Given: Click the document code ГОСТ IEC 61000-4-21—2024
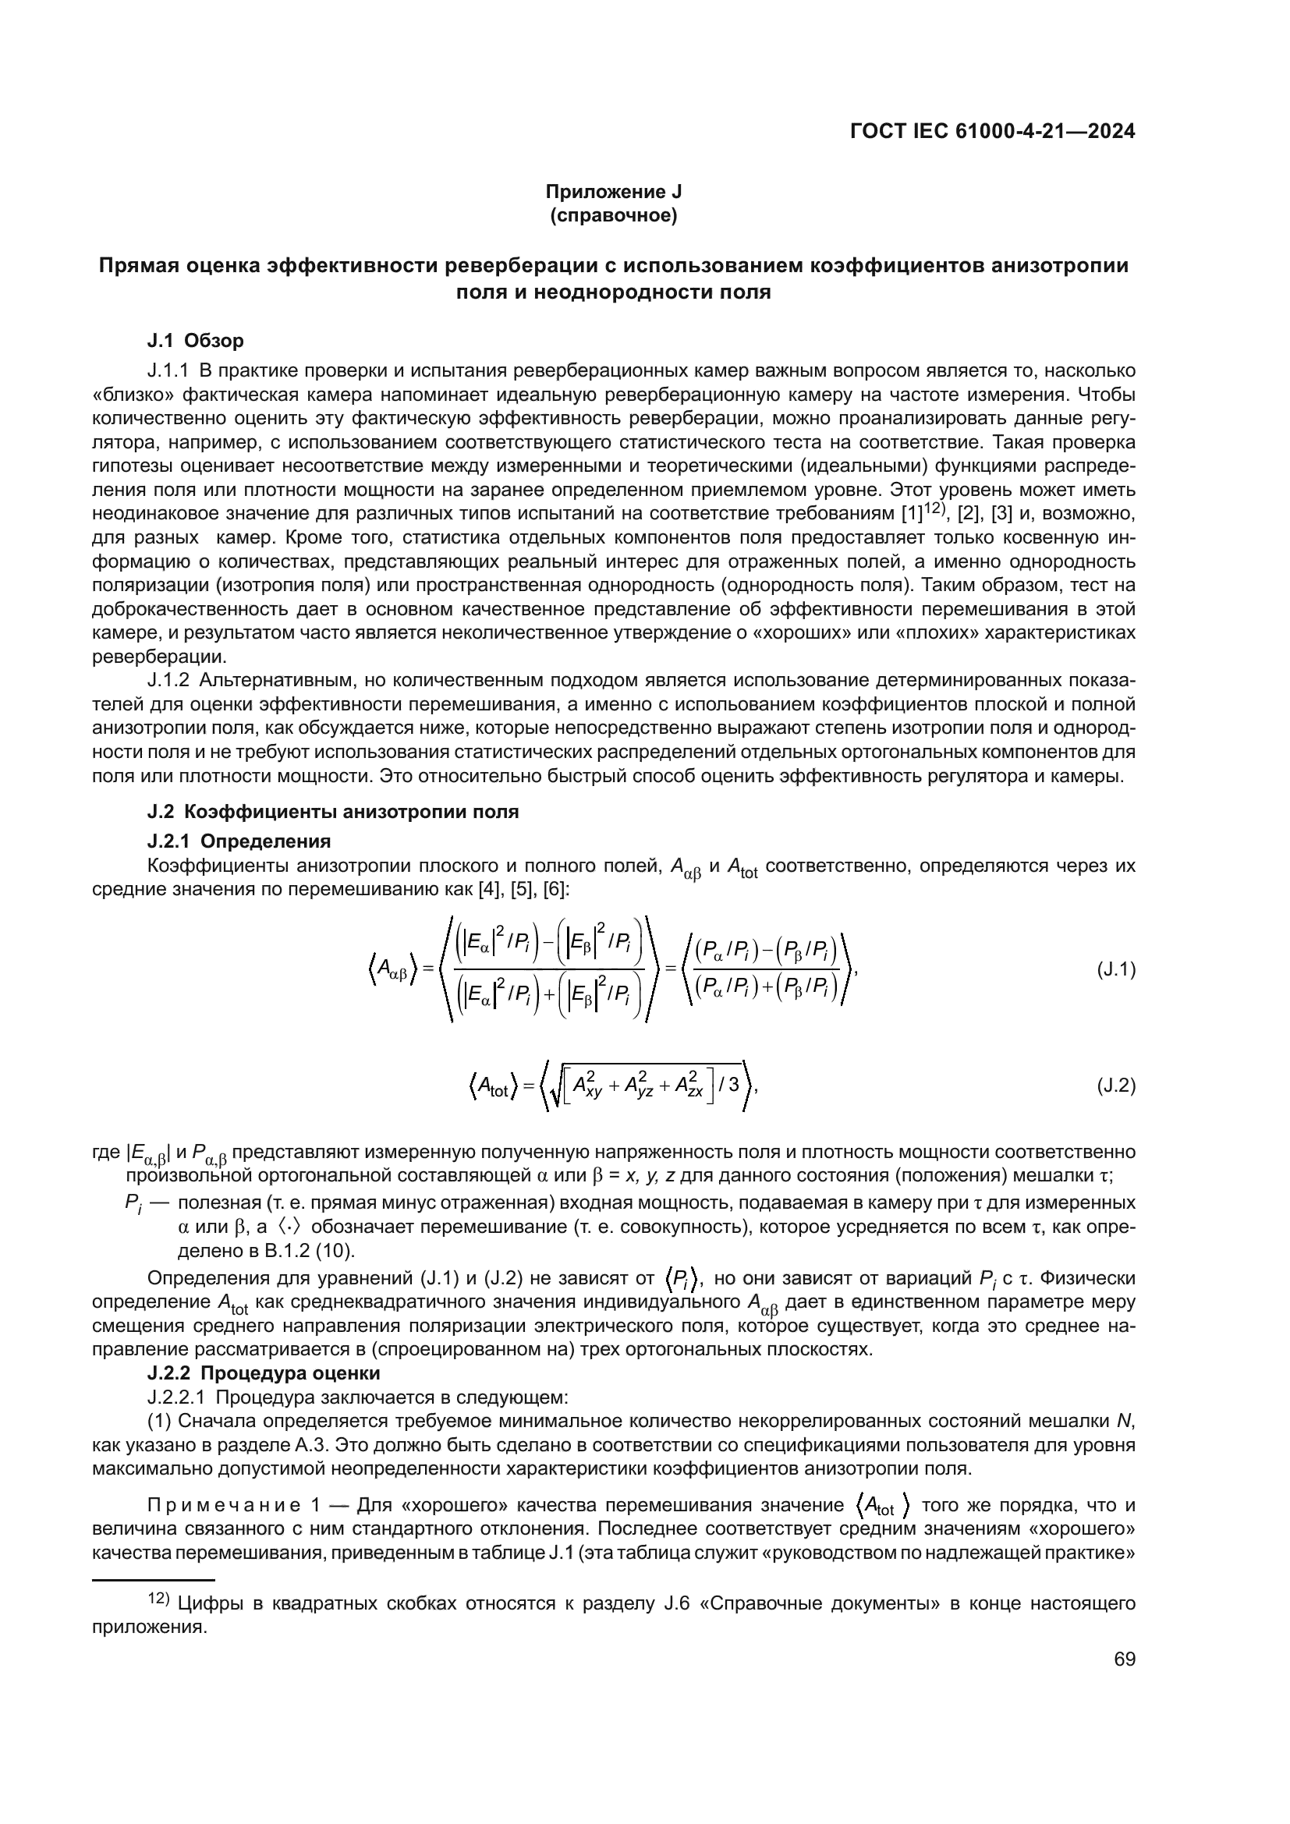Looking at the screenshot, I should pos(992,132).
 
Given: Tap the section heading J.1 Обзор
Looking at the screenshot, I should pos(196,341).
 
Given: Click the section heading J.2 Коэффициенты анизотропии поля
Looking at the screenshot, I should pos(333,812).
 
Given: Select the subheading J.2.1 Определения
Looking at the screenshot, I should pos(239,841).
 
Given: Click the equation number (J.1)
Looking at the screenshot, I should pos(1115,969).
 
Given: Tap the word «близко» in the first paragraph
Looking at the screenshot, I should pos(131,395).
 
